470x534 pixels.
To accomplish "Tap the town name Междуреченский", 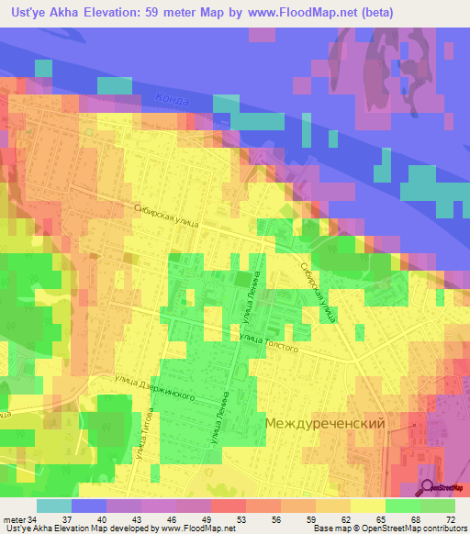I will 324,424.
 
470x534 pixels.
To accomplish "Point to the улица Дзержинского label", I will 155,387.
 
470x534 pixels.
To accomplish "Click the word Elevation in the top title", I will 129,13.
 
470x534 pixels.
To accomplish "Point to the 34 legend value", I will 33,519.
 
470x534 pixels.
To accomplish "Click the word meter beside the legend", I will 14,519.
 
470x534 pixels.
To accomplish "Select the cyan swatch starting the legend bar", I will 53,506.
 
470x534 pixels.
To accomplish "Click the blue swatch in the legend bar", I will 89,506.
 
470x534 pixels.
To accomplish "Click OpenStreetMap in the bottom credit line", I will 387,528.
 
